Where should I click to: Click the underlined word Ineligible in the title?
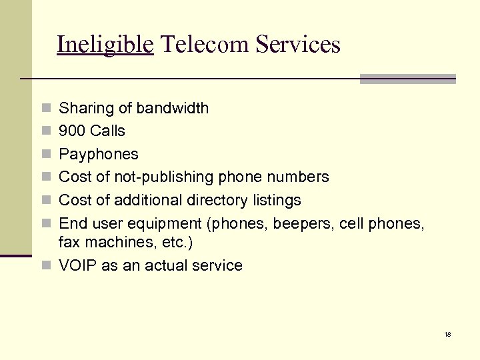pos(105,45)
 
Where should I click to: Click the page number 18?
pos(447,334)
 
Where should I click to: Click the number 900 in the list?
pos(72,131)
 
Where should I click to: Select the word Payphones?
pos(99,154)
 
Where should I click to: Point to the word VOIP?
pos(75,265)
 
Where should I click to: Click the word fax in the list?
pos(68,243)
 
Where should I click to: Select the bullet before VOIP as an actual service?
pos(45,266)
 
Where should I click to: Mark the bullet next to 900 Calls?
pos(45,131)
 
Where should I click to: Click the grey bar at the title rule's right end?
pos(407,79)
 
